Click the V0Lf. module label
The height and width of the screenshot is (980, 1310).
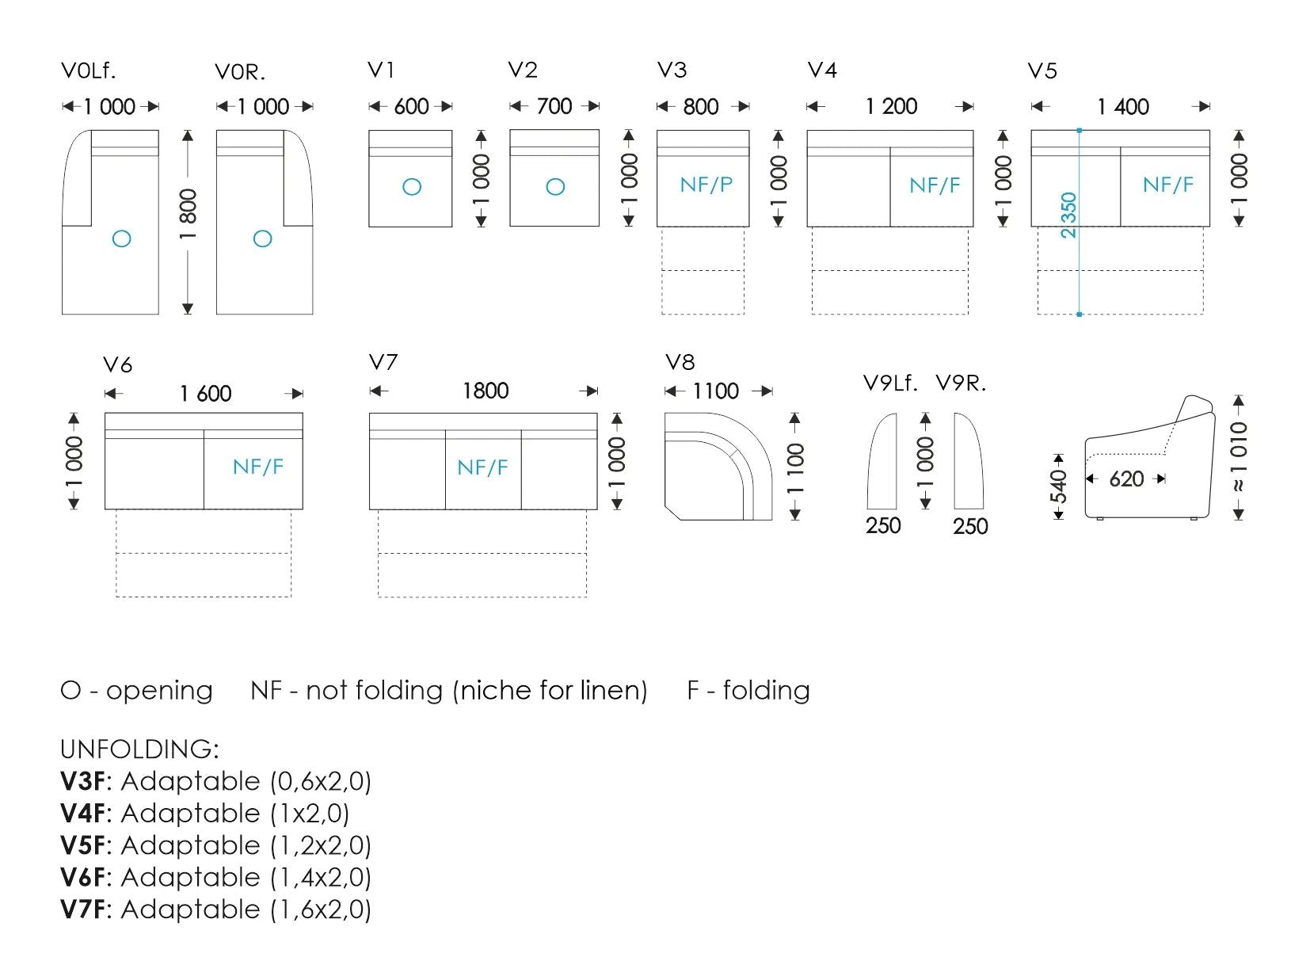[x=89, y=71]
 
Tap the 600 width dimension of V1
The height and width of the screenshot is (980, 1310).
[x=411, y=107]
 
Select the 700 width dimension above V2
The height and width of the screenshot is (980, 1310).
[x=554, y=106]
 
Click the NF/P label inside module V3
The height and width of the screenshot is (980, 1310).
[x=706, y=185]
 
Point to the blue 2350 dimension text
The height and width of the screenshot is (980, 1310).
[x=1068, y=215]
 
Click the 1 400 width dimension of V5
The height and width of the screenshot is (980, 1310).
[x=1123, y=107]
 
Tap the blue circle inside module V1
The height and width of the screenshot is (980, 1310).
[x=412, y=187]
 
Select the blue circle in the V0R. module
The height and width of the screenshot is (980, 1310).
[x=263, y=238]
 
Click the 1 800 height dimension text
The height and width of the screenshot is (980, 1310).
[x=188, y=214]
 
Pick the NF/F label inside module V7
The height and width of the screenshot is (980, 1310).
[x=482, y=467]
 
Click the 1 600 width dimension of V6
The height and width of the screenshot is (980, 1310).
[x=206, y=394]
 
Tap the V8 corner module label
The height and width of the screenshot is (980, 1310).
[x=680, y=362]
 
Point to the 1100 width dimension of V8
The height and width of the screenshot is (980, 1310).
[x=715, y=391]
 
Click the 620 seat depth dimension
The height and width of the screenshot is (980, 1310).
[x=1127, y=479]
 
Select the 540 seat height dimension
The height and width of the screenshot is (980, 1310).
[x=1059, y=486]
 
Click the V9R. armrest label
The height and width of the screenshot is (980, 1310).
[x=961, y=383]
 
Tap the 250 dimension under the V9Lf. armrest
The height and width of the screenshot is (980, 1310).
[x=883, y=526]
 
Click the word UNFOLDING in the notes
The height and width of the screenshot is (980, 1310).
[x=139, y=749]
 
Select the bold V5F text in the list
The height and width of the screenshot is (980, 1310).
[x=82, y=845]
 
